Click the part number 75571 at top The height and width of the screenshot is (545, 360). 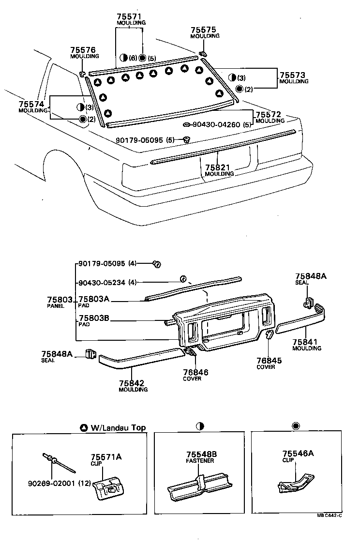[129, 16]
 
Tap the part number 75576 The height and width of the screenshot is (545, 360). [83, 50]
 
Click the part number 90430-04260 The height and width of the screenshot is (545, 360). [216, 124]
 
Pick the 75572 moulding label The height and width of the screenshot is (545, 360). [269, 114]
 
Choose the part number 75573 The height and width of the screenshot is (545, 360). [293, 75]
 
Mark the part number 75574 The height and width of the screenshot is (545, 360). [31, 104]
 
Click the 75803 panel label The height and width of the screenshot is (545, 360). [60, 300]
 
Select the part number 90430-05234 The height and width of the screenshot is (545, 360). [102, 283]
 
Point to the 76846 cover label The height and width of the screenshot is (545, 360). [195, 372]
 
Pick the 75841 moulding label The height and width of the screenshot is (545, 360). [306, 342]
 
